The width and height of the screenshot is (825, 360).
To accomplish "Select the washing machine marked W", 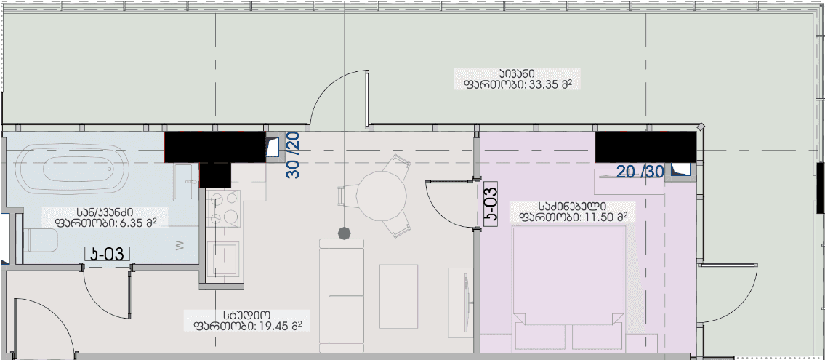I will coord(180,245).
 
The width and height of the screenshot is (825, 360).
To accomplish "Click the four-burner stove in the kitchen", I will coord(223,208).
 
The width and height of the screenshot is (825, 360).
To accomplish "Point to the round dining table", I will coord(380,194).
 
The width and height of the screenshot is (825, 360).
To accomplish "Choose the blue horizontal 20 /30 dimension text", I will coord(640,172).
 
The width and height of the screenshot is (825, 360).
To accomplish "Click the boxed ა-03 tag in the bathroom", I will coord(108,254).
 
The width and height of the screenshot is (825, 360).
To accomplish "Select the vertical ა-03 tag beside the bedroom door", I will coord(491,204).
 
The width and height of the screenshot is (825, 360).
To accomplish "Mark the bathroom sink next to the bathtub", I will coord(184,180).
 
